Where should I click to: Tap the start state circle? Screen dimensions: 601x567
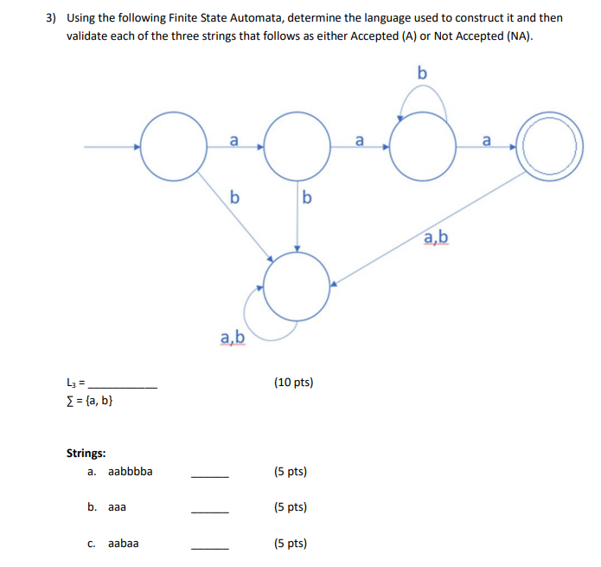(x=172, y=147)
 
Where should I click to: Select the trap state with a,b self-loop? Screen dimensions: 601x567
(x=297, y=287)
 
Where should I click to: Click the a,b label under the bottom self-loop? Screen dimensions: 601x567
(x=233, y=338)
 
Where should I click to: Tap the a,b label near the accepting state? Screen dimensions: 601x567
(x=436, y=236)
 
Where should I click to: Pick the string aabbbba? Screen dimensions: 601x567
(x=131, y=472)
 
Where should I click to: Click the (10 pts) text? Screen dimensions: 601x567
(x=293, y=382)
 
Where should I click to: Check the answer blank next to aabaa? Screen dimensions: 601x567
(x=210, y=548)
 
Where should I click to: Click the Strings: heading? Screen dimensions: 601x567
(x=86, y=453)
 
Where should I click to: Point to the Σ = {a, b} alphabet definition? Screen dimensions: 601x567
(x=89, y=400)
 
